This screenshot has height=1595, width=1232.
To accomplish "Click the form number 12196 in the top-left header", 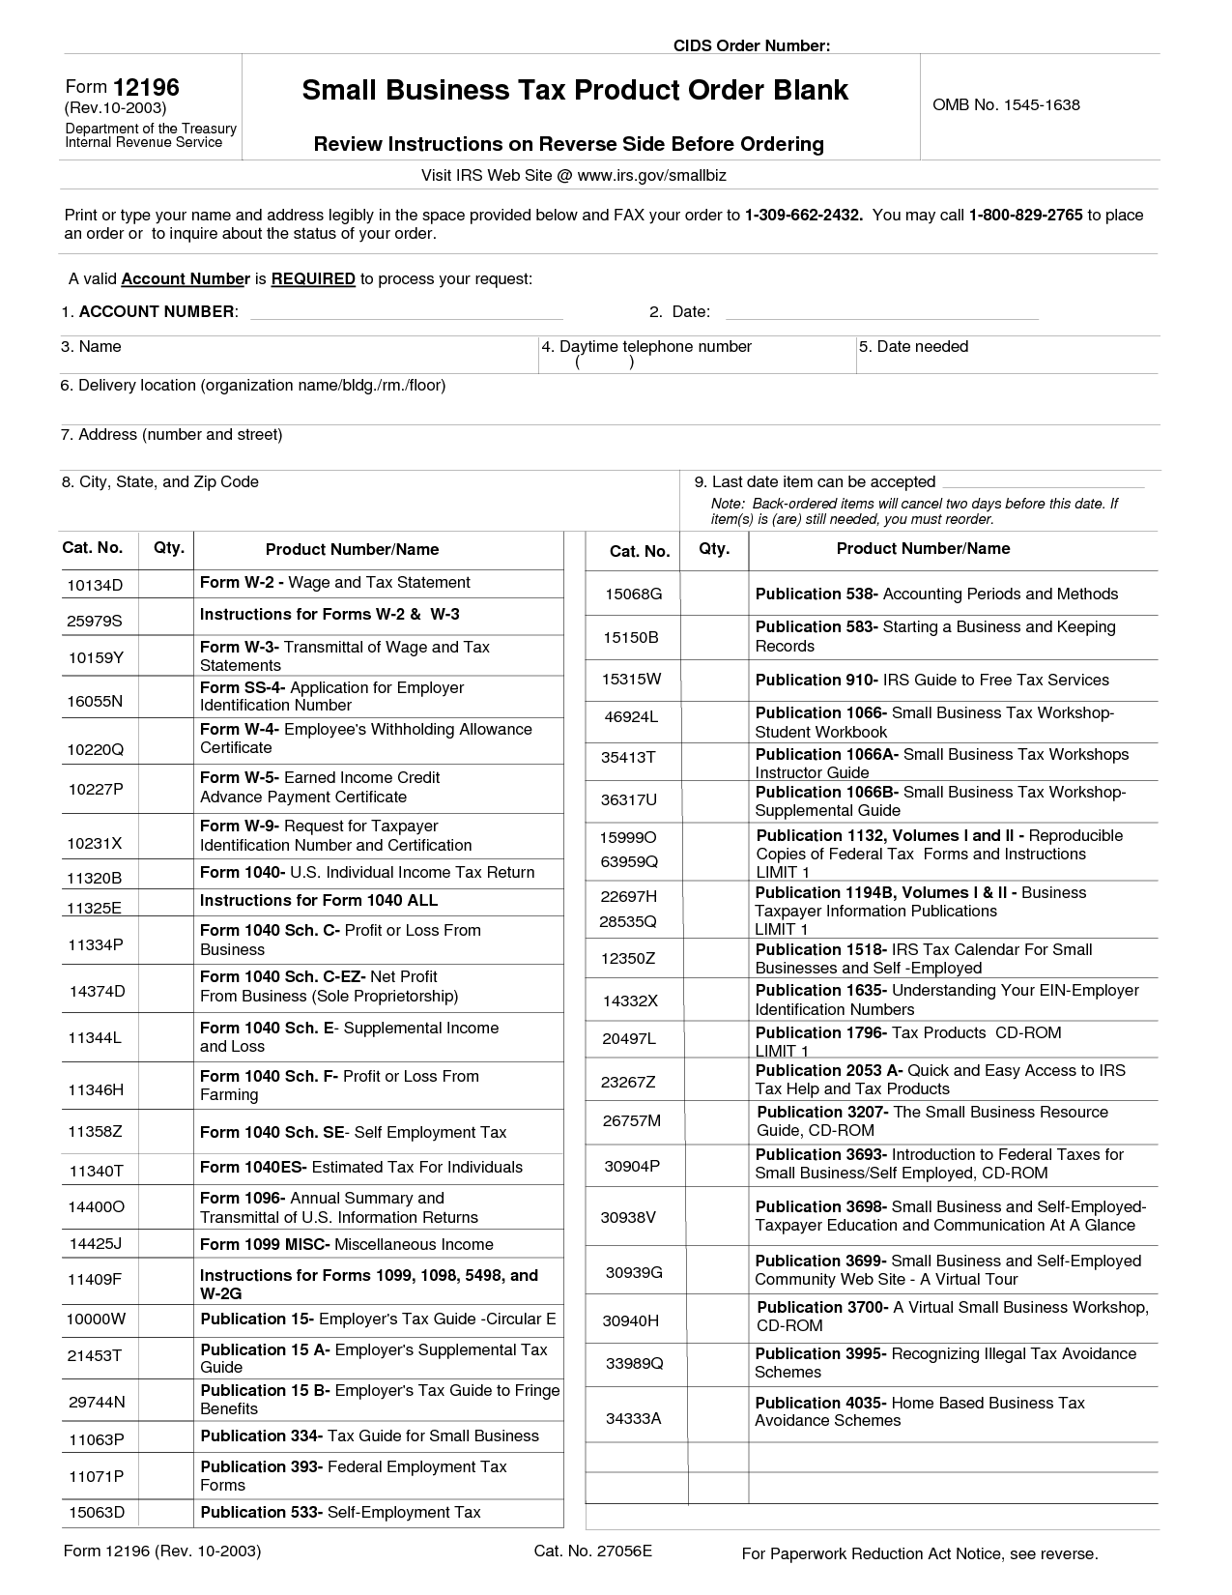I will pos(146,88).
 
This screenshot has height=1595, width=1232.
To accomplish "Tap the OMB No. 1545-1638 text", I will pos(1006,104).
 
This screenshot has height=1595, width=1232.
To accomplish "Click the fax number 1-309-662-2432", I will pos(803,215).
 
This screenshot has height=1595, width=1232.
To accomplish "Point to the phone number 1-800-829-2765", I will pos(1025,215).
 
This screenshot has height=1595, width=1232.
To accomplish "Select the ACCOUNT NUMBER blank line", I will pos(406,311).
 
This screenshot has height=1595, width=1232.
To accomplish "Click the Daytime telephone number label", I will pos(655,346).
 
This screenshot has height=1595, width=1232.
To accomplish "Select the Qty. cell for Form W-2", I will pos(167,584).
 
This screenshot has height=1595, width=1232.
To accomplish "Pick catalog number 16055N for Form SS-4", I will pos(95,701).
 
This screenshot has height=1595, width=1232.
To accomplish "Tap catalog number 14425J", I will pos(95,1244).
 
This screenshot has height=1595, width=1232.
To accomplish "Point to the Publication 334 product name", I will pos(369,1435).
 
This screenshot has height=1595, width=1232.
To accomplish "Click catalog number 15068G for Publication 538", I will pos(634,594).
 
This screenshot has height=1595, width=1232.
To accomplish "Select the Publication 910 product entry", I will pos(931,680).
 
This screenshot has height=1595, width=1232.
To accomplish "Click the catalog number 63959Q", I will pos(629,860).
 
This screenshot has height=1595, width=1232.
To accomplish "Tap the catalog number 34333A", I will pos(633,1418).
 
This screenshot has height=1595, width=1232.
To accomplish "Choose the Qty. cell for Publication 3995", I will pos(717,1363).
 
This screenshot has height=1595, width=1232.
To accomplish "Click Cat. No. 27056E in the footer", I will pos(592,1551).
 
